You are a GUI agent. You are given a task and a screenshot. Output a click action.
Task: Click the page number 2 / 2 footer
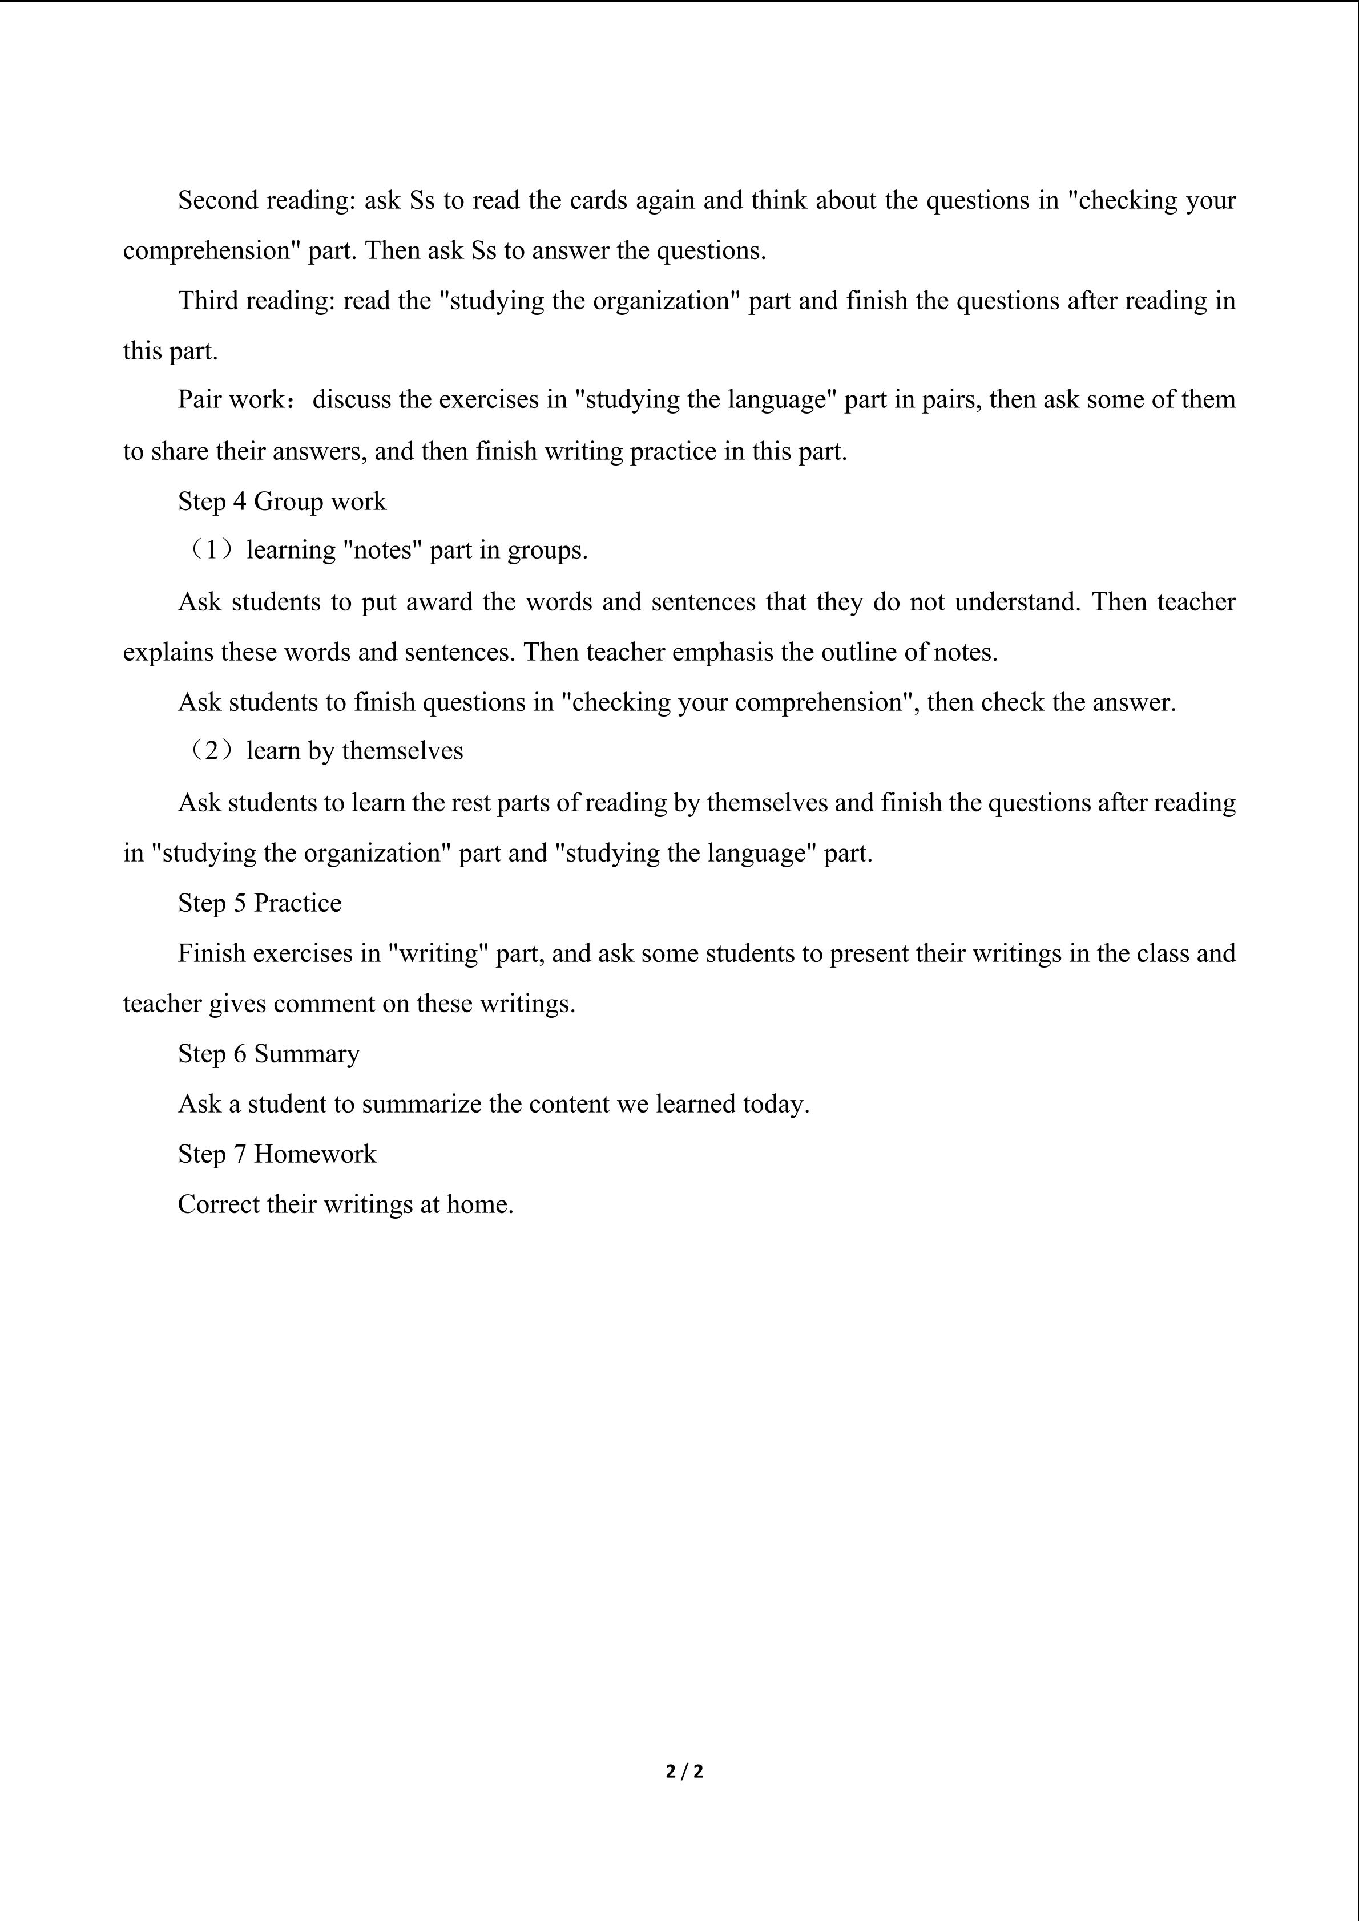[x=684, y=1772]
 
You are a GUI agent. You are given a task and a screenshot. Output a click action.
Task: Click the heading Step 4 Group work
[x=282, y=502]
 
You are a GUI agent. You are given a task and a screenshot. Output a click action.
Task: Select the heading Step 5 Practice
[x=260, y=904]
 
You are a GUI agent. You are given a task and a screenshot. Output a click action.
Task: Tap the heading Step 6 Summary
[x=269, y=1054]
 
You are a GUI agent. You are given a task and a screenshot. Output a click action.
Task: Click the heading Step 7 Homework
[x=277, y=1155]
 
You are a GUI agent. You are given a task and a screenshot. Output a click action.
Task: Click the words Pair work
[x=231, y=400]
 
